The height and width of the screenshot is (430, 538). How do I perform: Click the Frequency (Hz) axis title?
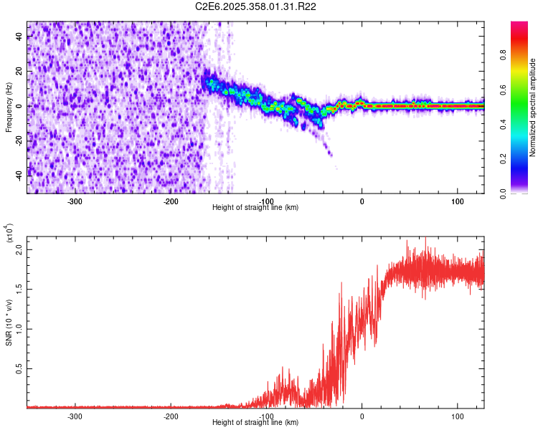[x=9, y=107]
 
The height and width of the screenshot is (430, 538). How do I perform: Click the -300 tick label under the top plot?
[x=75, y=201]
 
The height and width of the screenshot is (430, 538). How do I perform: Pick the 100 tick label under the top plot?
[x=458, y=201]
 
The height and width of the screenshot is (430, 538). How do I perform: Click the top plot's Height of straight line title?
[x=256, y=207]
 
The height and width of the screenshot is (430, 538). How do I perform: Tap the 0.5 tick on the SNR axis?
[x=19, y=368]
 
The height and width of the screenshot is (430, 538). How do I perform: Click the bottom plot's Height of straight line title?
[x=256, y=422]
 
